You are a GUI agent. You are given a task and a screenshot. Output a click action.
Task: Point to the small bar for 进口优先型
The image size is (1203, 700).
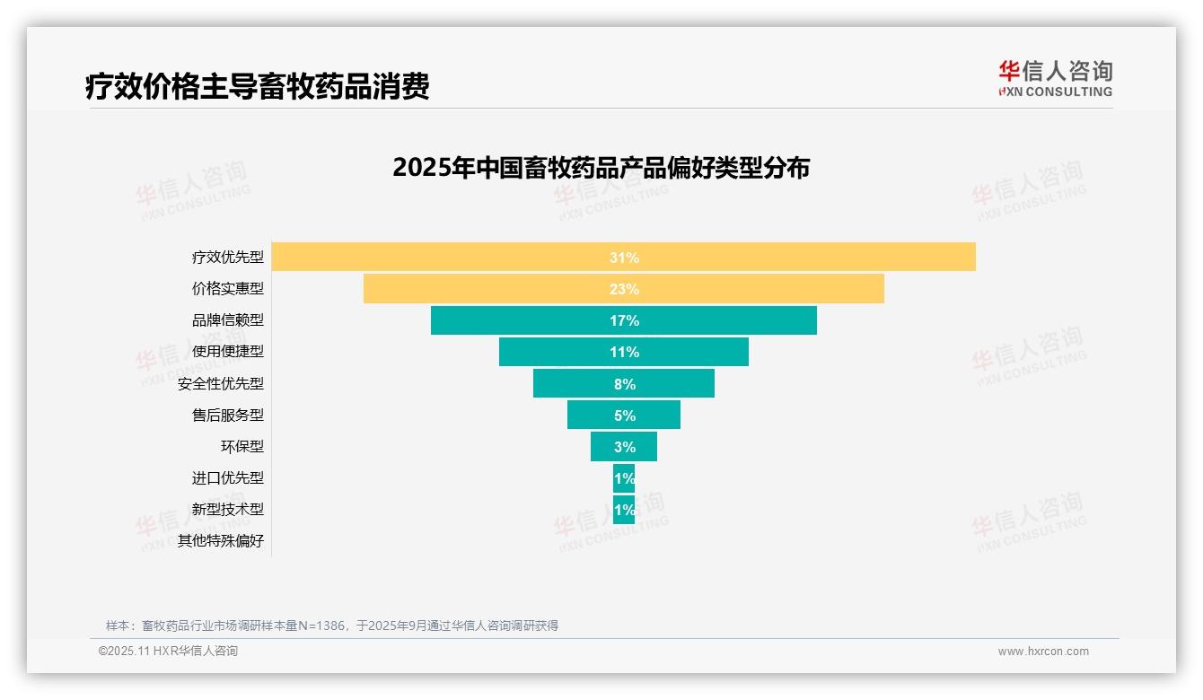[624, 478]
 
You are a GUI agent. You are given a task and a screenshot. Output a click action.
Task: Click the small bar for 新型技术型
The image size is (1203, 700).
[624, 510]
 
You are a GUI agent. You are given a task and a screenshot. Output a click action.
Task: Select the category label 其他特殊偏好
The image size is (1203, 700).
[221, 541]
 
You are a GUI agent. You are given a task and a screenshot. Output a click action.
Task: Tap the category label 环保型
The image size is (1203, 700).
[242, 446]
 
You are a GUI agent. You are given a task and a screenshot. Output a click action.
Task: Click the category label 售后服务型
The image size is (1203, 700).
[228, 415]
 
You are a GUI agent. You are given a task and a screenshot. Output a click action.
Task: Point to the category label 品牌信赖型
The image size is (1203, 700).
[228, 319]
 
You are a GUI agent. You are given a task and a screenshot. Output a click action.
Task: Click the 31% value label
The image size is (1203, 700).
[624, 258]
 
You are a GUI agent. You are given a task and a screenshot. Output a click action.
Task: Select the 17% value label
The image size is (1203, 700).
[624, 320]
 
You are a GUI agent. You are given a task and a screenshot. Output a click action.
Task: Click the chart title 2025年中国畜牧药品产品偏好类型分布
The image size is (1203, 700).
[601, 168]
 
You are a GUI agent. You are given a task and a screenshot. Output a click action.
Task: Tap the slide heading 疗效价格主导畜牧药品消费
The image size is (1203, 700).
[257, 86]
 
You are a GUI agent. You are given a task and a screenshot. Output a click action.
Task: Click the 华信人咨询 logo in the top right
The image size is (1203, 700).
[1055, 78]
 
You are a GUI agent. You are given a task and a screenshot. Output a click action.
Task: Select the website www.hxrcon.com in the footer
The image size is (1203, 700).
[1043, 652]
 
